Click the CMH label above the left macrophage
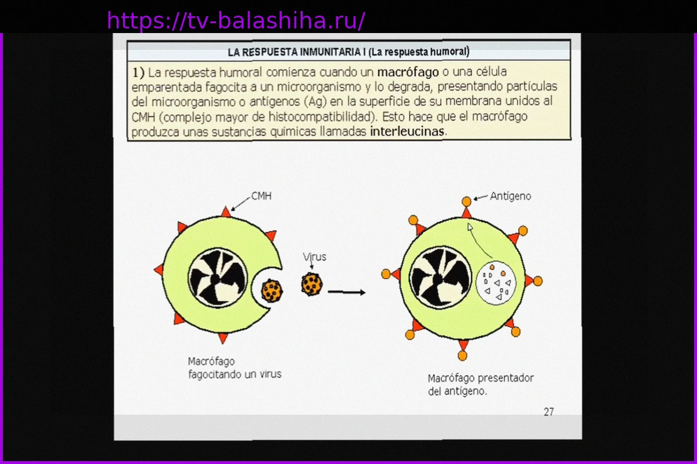point(261,196)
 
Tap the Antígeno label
point(511,197)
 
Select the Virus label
point(315,257)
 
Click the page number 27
point(549,412)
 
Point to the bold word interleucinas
point(407,132)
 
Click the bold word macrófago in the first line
point(408,72)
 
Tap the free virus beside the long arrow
point(312,284)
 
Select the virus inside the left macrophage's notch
point(272,291)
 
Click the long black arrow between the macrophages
point(347,292)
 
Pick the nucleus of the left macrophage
point(218,278)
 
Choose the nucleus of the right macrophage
point(440,277)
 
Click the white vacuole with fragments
point(496,283)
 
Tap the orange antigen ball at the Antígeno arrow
point(466,202)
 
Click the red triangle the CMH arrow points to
point(226,213)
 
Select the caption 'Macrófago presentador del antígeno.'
point(481,385)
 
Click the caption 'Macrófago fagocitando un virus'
point(235,368)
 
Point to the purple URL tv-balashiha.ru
point(236,20)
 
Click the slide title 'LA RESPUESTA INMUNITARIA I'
point(297,52)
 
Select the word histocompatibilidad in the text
point(323,117)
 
